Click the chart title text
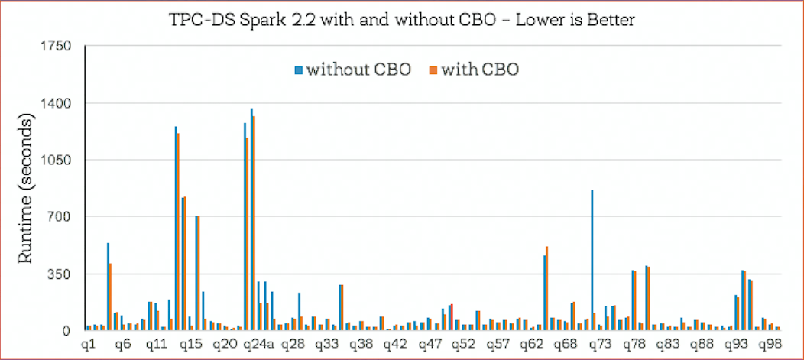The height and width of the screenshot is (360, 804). coord(402,20)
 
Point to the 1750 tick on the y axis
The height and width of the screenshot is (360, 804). coord(56,47)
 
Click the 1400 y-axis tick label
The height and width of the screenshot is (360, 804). coord(56,103)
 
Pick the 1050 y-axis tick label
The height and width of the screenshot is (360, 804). coord(56,161)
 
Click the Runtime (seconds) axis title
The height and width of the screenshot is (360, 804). coord(24,189)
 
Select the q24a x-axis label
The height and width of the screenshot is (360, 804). coord(258,345)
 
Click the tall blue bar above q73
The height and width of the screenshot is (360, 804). coord(592,260)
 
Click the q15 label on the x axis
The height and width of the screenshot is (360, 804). coord(190,345)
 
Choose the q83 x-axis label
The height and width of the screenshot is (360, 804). coord(666,345)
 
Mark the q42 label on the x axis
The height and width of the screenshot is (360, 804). coord(394,345)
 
